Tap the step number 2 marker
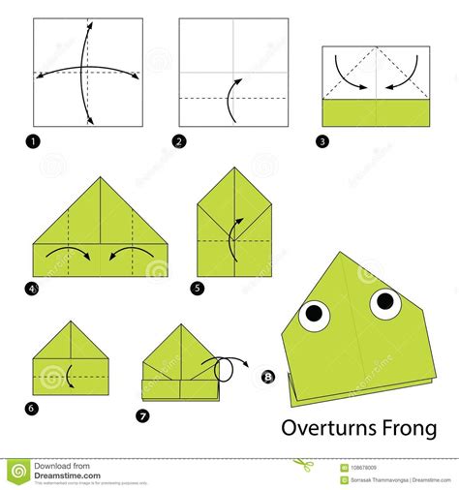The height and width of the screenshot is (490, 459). (x=179, y=141)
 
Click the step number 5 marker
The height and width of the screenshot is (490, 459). (x=199, y=287)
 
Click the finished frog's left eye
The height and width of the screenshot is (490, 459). (x=316, y=313)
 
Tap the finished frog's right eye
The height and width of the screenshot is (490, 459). (x=384, y=303)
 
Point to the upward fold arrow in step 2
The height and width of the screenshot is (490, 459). (x=230, y=100)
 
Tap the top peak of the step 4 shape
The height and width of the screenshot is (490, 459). (x=98, y=178)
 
